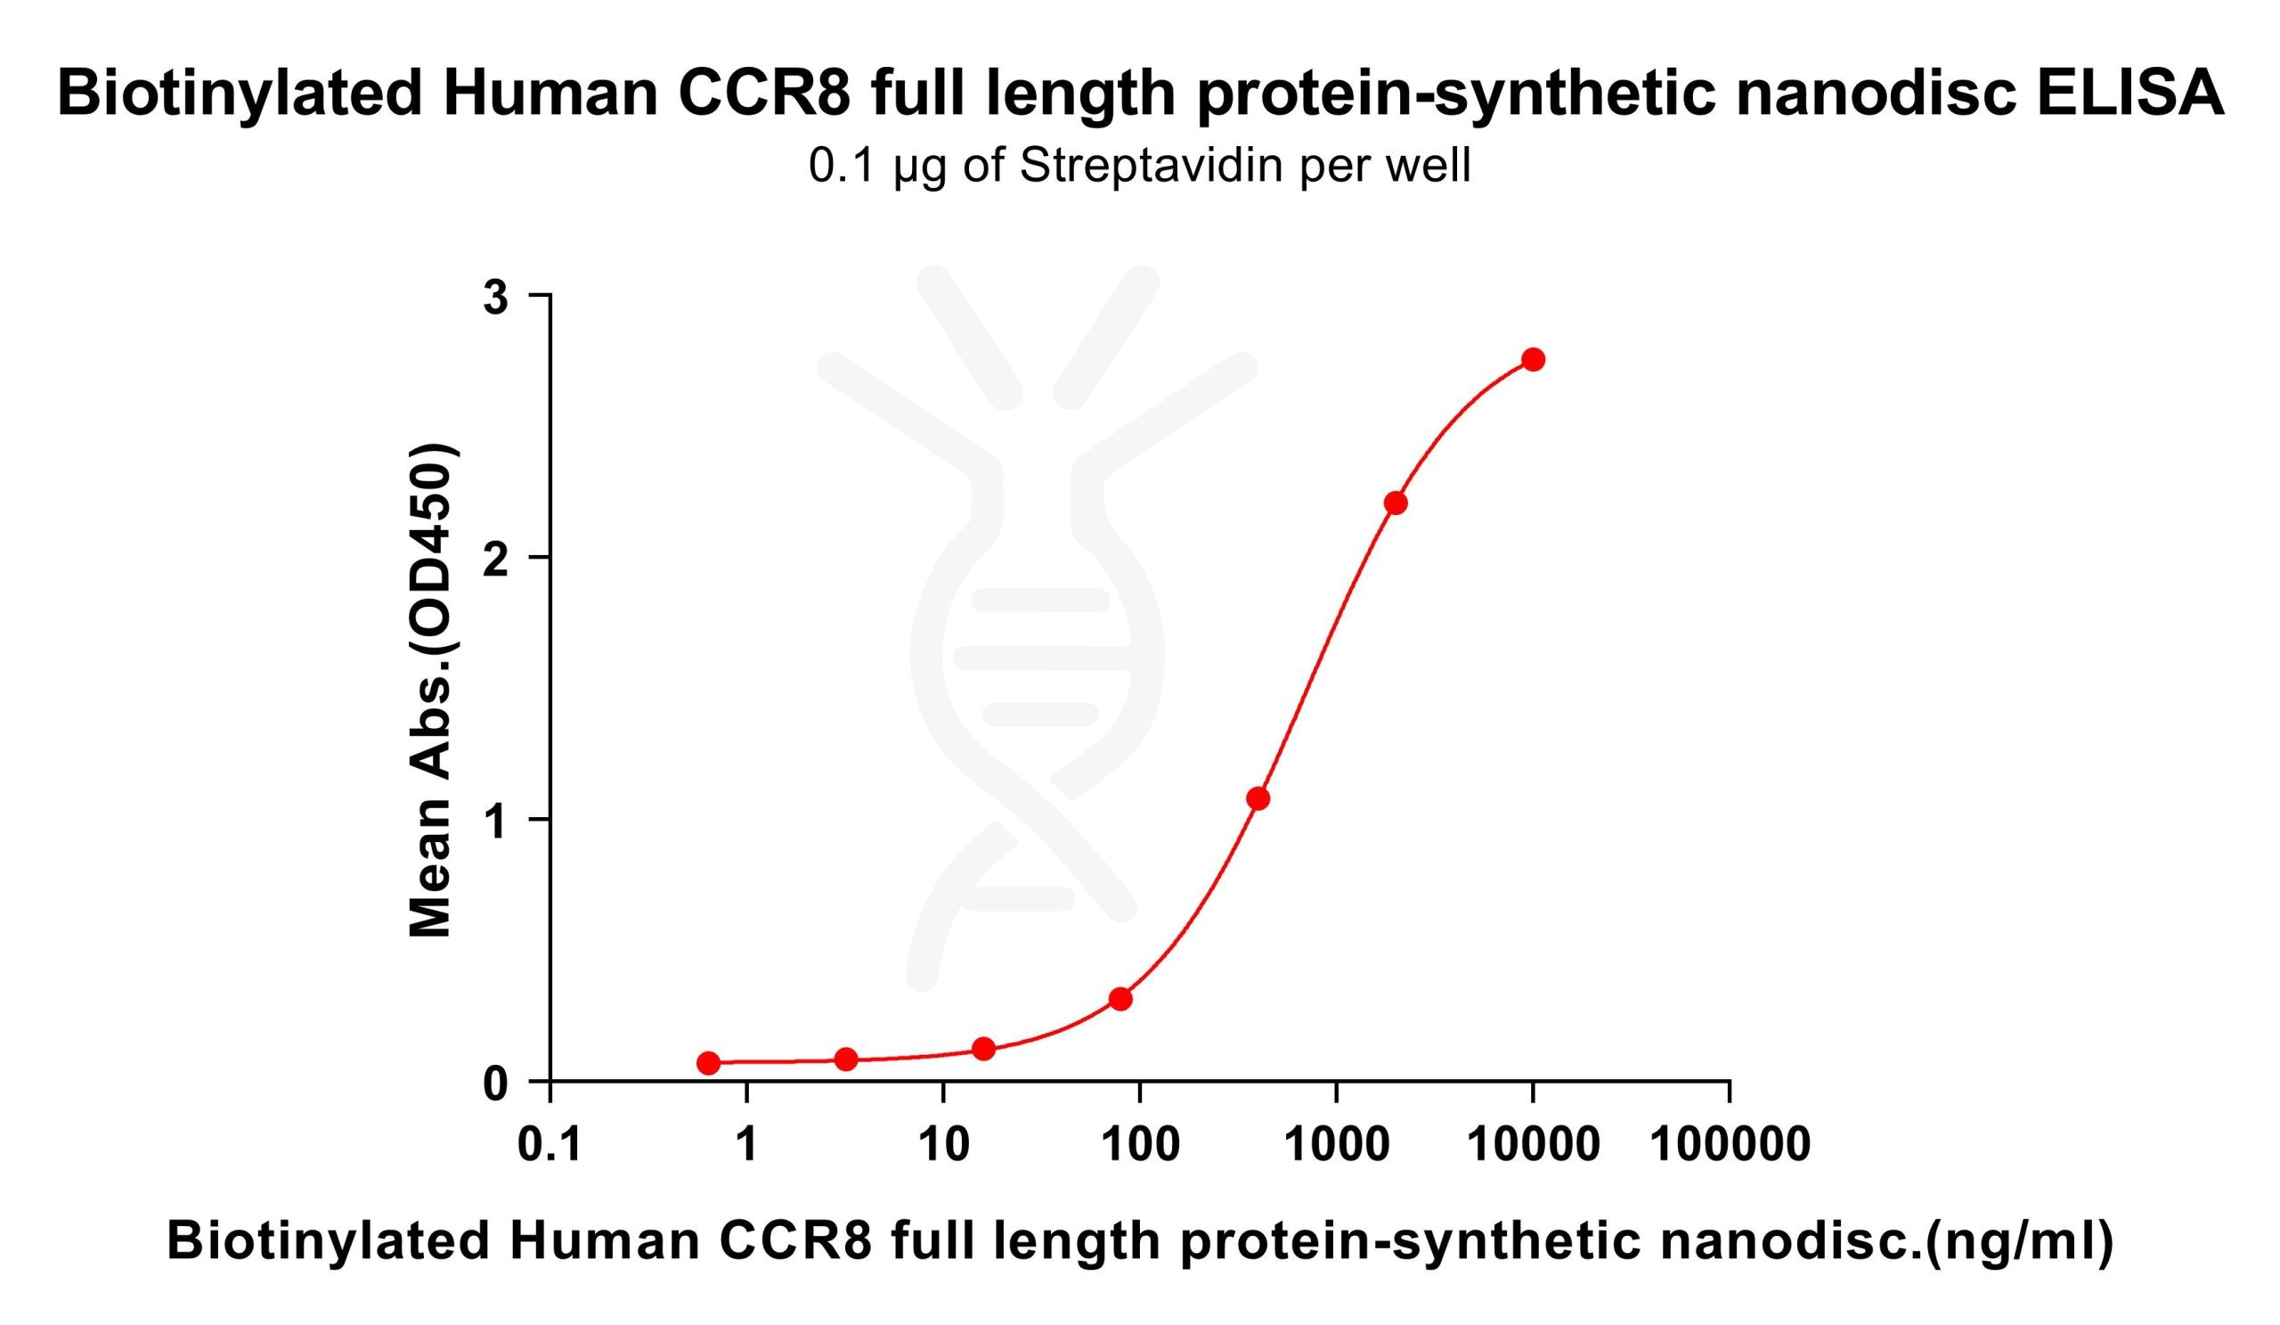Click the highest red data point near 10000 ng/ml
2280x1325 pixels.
coord(1533,359)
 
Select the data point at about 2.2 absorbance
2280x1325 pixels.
coord(1395,503)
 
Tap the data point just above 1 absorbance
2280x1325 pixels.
coord(1258,798)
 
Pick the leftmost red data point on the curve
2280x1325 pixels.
coord(708,1062)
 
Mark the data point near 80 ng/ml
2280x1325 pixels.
coord(1120,999)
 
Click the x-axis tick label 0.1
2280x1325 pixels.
coord(550,1146)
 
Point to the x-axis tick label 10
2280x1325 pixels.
coord(944,1146)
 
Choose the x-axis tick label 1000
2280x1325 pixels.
coord(1336,1146)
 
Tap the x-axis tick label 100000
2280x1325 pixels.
coord(1730,1146)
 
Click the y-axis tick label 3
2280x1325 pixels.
coord(495,298)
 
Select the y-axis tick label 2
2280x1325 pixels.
coord(495,560)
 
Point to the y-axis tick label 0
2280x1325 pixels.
coord(495,1084)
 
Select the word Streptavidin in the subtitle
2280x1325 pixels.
coord(1156,167)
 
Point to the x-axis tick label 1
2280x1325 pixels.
coord(746,1146)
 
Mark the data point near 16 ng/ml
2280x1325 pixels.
coord(983,1049)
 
